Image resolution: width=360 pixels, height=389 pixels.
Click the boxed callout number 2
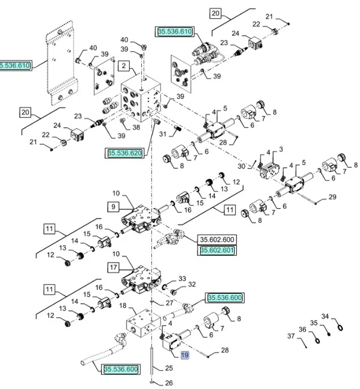(124, 66)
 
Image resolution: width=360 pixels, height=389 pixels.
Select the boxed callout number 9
(113, 206)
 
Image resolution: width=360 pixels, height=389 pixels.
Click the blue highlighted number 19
(184, 355)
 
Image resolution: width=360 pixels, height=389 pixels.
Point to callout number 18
(121, 306)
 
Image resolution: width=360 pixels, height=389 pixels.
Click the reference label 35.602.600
(217, 239)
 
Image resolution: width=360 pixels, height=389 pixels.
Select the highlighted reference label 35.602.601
(217, 250)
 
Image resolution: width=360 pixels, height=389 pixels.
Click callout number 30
(242, 166)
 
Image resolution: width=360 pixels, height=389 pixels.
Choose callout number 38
(136, 128)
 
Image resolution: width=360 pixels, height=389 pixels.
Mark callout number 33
(182, 278)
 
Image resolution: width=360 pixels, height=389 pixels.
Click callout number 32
(192, 285)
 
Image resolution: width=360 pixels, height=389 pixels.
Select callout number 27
(169, 303)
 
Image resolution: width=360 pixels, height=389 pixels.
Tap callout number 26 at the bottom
(169, 383)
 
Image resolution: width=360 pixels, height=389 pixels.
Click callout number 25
(169, 369)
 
